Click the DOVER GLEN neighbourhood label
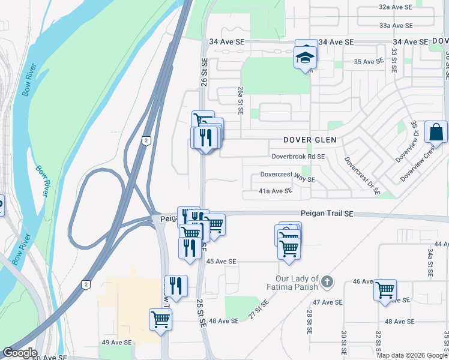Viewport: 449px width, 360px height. [309, 140]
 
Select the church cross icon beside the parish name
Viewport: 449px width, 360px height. [327, 281]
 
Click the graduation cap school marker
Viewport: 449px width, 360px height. [305, 59]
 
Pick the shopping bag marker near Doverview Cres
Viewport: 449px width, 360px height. [436, 132]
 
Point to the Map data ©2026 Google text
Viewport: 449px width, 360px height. [412, 355]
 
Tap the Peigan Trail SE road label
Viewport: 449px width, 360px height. [327, 214]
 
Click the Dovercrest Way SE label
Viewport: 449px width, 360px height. [287, 179]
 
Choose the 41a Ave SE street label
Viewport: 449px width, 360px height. [276, 191]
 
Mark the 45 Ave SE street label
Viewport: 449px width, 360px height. [221, 262]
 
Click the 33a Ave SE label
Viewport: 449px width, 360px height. [396, 26]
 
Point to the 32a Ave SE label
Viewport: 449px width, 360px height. [396, 7]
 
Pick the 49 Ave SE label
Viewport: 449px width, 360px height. [116, 343]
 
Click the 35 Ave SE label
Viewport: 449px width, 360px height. [369, 62]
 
